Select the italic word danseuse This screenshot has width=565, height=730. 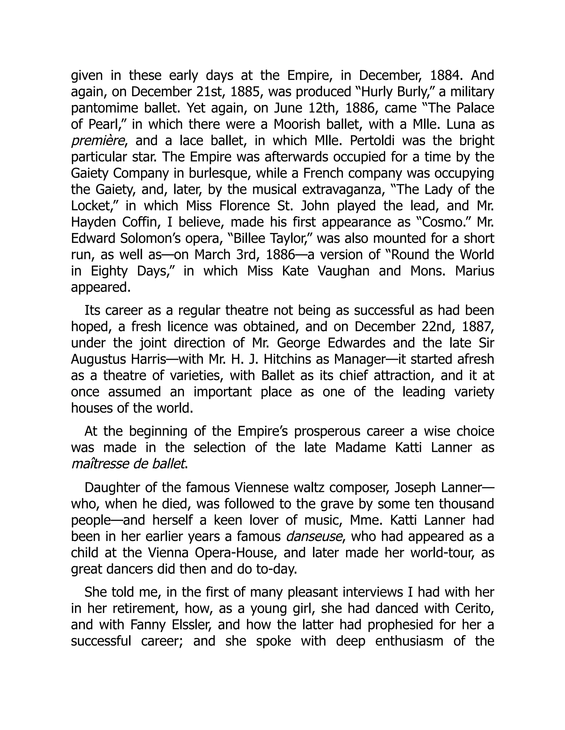tap(314, 537)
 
